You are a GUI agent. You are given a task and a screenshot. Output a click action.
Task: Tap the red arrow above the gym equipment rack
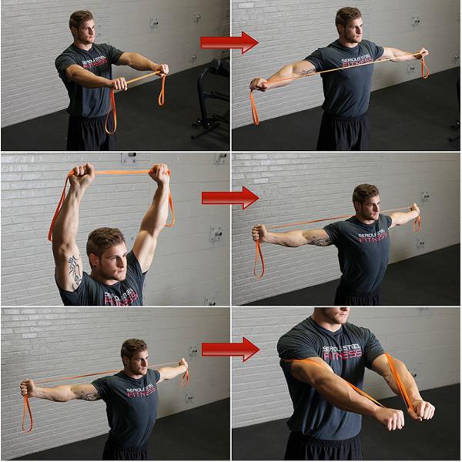(229, 42)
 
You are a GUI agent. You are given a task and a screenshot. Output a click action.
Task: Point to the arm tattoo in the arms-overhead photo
(74, 269)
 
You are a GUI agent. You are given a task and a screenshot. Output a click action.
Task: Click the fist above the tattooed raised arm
(81, 173)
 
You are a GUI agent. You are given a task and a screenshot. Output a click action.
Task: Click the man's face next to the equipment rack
(82, 29)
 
